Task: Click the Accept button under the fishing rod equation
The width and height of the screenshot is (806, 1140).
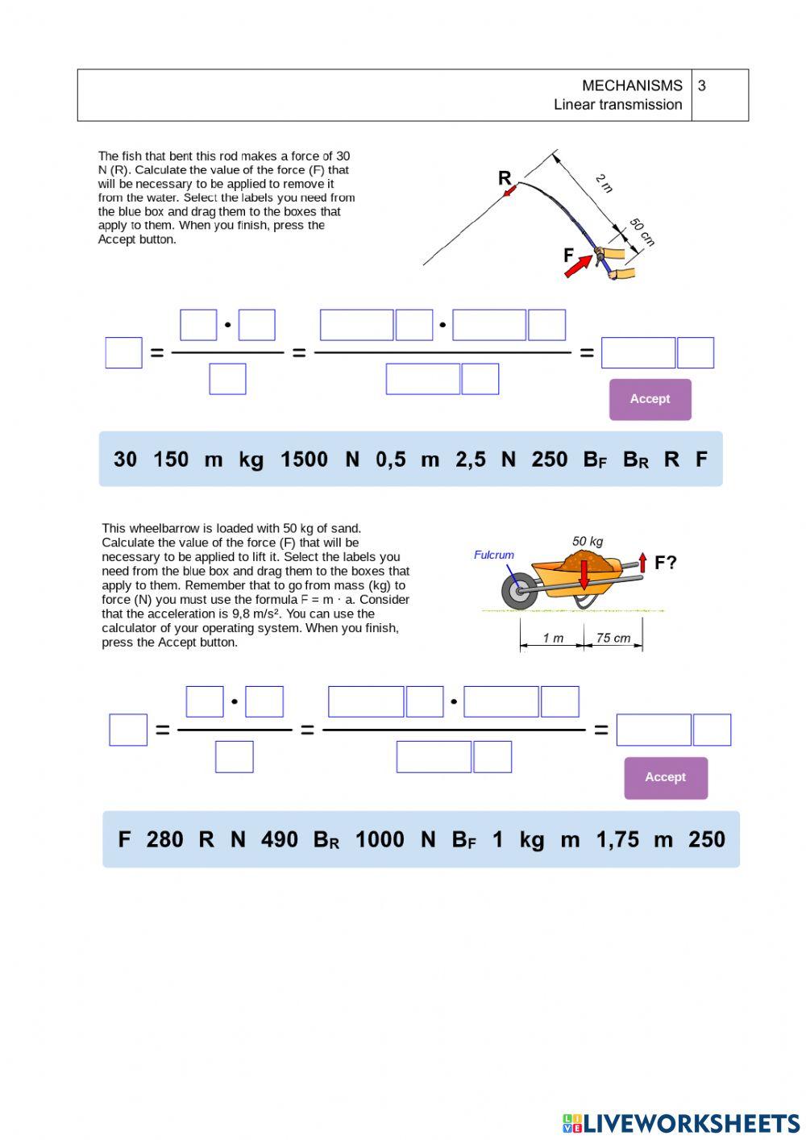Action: pos(650,399)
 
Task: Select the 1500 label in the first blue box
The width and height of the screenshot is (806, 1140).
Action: pos(304,460)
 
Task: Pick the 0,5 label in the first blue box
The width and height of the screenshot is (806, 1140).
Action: pos(390,460)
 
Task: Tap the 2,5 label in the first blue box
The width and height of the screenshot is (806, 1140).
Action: pos(471,460)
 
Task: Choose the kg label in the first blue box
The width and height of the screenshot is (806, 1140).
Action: pos(251,460)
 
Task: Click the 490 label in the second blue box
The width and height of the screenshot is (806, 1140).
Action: pos(280,839)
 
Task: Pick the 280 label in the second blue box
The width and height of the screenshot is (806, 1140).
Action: pos(164,839)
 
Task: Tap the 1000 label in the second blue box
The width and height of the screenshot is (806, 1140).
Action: pos(380,839)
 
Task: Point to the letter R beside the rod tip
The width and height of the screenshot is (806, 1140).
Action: pos(505,178)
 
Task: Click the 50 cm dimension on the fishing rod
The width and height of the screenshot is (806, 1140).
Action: pos(642,231)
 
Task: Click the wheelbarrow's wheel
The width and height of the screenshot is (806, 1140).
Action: pos(519,592)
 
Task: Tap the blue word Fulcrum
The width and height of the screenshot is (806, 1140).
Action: pos(493,555)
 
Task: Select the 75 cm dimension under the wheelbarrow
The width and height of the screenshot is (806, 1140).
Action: pos(613,638)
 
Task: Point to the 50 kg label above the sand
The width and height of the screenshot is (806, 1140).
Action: pos(588,541)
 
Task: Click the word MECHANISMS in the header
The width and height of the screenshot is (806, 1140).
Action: pos(632,85)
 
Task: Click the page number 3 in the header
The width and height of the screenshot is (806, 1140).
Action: pos(702,85)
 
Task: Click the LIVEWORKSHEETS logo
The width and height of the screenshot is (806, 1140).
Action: pos(681,1122)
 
